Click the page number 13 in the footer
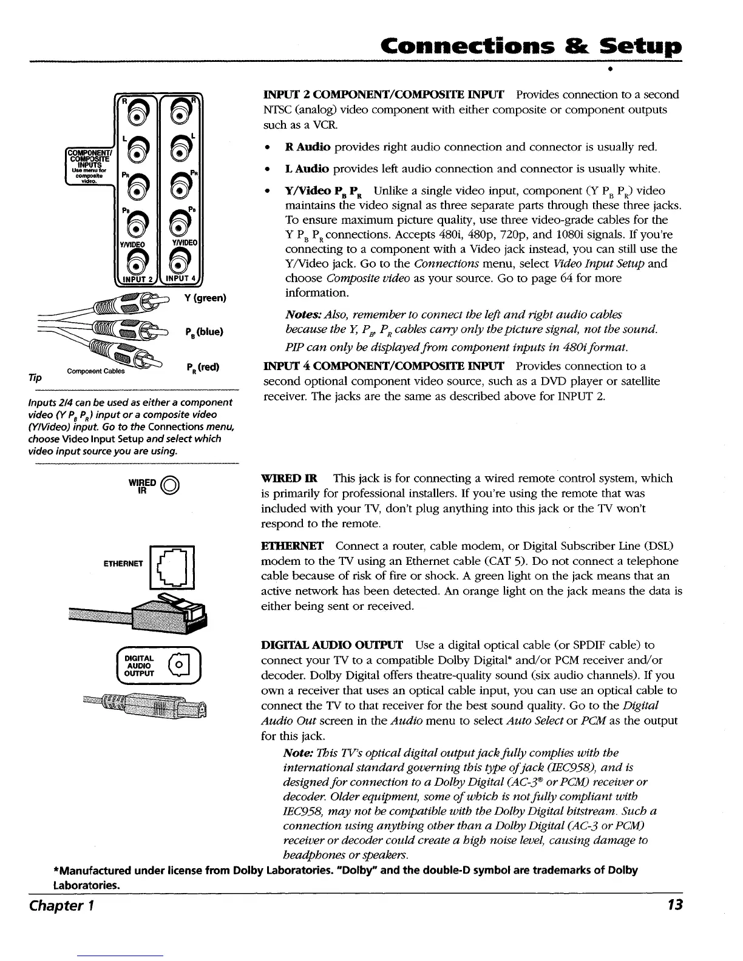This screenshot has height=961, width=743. pos(674,905)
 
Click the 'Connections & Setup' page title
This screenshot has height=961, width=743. pos(528,47)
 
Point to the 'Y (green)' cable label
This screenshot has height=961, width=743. pos(205,298)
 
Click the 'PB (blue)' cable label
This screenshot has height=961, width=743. pos(205,332)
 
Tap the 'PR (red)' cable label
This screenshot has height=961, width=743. pos(203,367)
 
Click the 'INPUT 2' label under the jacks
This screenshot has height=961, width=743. pos(137,280)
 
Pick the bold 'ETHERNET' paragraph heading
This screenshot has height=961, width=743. pos(292,546)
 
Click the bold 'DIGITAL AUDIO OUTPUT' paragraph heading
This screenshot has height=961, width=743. pos(332,645)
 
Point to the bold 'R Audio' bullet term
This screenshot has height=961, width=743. pos(307,147)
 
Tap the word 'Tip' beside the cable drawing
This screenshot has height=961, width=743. pos(36,377)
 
